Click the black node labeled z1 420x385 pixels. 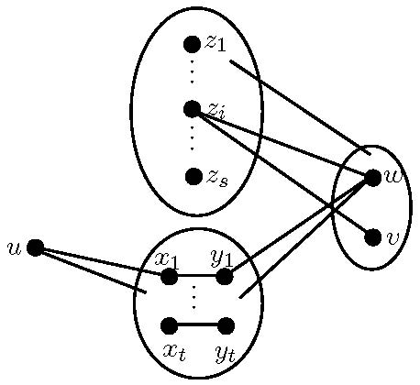[x=192, y=44]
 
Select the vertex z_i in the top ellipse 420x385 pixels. [x=192, y=109]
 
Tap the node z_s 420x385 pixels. [x=193, y=176]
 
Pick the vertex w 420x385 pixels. [x=372, y=178]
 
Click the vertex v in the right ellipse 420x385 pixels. [x=372, y=237]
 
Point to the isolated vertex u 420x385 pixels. [x=35, y=247]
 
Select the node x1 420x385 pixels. [x=170, y=276]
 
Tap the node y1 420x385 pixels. [x=225, y=276]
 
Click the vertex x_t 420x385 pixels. [x=170, y=324]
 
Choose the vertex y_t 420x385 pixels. [x=226, y=324]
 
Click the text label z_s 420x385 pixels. [x=217, y=177]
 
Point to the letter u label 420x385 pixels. [x=14, y=247]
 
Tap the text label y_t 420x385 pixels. [x=226, y=351]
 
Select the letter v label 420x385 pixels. [x=394, y=237]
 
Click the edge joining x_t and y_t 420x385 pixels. [x=197, y=324]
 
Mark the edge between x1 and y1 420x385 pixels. [x=197, y=276]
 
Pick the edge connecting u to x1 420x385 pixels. [x=101, y=261]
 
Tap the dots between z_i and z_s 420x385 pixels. [x=192, y=140]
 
